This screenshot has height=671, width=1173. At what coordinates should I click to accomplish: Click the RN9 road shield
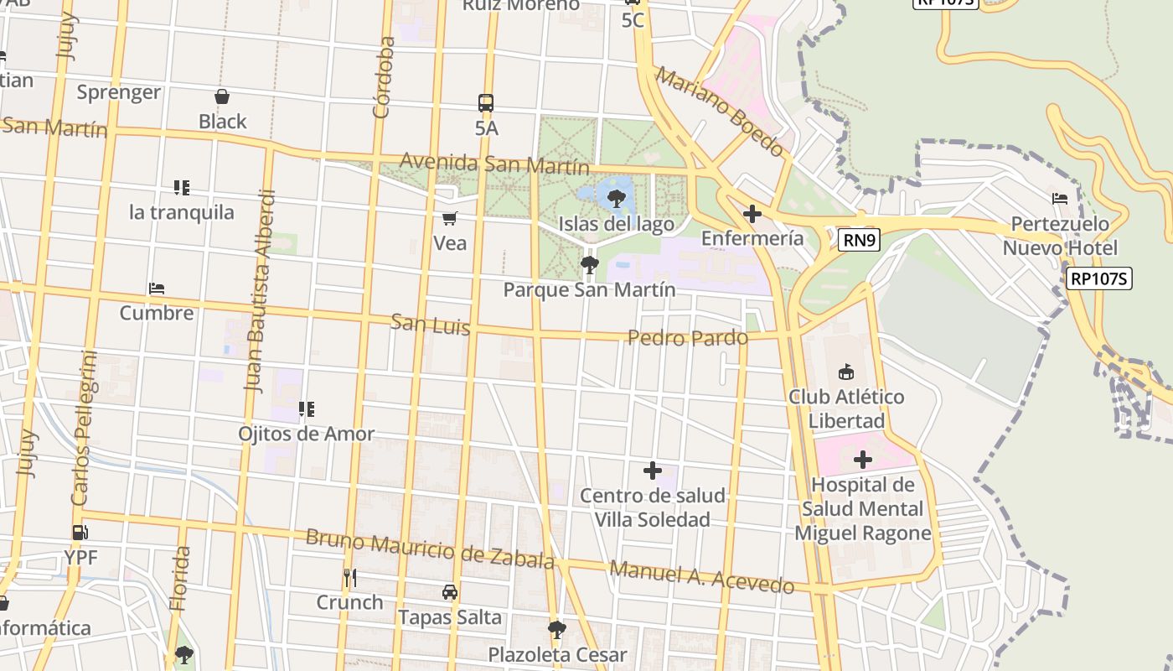click(859, 241)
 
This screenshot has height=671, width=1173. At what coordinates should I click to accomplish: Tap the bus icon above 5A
click(486, 103)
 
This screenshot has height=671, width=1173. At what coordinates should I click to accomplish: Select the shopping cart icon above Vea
click(450, 219)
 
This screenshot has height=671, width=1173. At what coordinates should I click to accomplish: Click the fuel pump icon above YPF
click(80, 532)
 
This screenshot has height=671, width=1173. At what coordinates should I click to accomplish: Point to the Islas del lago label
click(617, 224)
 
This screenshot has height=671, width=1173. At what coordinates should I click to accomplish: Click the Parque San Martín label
click(589, 289)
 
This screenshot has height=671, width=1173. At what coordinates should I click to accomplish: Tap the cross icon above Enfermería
click(752, 214)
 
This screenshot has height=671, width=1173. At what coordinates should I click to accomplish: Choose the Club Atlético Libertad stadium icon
click(846, 372)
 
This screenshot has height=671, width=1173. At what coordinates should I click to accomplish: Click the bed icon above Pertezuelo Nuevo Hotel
click(1060, 199)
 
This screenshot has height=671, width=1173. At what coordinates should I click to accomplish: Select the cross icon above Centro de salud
click(653, 471)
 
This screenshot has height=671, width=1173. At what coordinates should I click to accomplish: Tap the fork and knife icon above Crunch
click(350, 577)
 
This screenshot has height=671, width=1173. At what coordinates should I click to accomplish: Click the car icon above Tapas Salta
click(450, 592)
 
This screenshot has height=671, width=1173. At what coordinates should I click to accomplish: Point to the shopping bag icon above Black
click(222, 96)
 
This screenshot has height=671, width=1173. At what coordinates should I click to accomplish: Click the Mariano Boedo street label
click(720, 112)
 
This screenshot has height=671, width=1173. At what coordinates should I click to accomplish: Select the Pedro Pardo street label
click(687, 338)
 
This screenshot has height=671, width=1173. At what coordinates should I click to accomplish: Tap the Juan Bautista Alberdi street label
click(260, 291)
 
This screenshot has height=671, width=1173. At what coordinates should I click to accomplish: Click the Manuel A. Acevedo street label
click(701, 576)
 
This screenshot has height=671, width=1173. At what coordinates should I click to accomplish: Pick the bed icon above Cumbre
click(157, 289)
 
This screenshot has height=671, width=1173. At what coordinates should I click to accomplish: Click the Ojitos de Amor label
click(306, 434)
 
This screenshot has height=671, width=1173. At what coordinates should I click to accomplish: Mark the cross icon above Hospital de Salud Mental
click(863, 460)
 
